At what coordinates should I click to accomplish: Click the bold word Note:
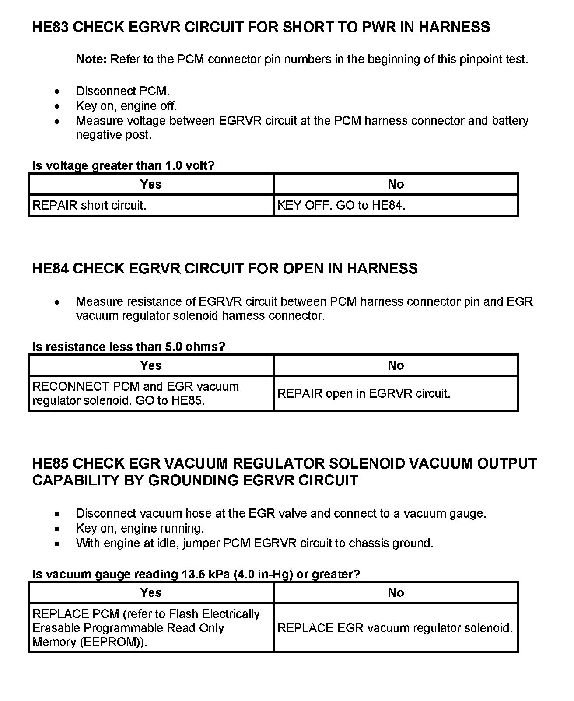coord(91,59)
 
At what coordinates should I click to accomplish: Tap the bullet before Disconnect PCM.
coord(57,92)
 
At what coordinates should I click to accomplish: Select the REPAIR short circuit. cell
coord(151,205)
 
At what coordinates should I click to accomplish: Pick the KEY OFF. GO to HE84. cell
coord(395,205)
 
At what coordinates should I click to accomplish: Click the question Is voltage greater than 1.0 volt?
coord(123,166)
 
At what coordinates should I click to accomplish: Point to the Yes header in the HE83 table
coord(151,184)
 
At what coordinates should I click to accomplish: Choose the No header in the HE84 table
coord(395,365)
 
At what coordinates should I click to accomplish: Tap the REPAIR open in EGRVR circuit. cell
coord(395,393)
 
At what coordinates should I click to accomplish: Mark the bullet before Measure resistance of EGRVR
coord(57,302)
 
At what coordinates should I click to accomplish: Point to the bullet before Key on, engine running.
coord(57,529)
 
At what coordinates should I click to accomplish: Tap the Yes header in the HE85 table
coord(151,593)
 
